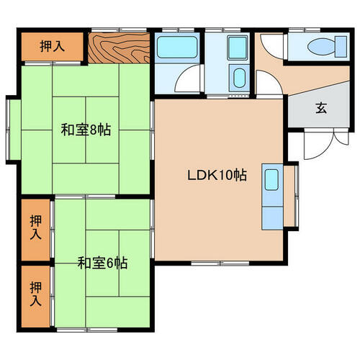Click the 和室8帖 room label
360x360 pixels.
point(86,130)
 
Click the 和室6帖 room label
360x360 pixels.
point(102,263)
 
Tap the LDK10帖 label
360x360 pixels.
point(217,176)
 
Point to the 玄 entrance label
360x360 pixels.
point(321,108)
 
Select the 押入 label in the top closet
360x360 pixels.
point(52,46)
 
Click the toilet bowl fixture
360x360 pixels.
point(322,47)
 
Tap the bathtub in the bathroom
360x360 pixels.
point(177,48)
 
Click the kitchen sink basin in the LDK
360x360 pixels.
point(271,180)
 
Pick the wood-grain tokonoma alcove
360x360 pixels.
point(119,48)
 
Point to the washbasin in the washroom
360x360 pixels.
point(239,78)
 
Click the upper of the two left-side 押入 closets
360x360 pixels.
point(36,230)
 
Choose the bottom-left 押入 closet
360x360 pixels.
point(36,297)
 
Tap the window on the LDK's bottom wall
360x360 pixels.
point(220,264)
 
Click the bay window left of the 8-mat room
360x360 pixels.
point(13,130)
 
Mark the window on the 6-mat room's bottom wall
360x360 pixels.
point(87,330)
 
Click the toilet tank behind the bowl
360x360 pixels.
point(341,47)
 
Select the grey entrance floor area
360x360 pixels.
point(319,106)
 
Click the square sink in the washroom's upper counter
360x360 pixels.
point(238,48)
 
